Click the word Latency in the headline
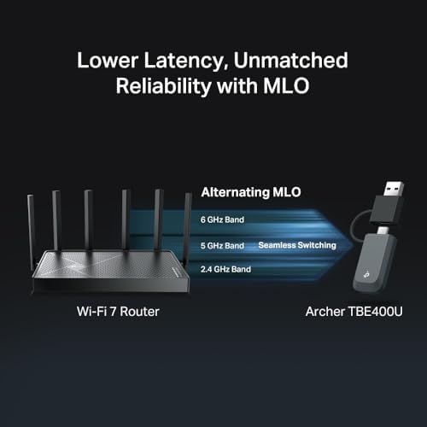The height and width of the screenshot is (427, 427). [x=185, y=61]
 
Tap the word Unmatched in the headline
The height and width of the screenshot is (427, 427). [x=290, y=60]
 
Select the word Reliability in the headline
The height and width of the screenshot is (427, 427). [x=163, y=86]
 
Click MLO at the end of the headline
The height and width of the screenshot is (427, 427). [x=286, y=85]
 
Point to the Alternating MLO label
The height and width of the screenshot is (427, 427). [x=251, y=192]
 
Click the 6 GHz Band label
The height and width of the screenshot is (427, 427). [x=222, y=219]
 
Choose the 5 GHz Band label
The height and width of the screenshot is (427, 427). [x=222, y=246]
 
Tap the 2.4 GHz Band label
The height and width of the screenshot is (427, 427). [x=225, y=269]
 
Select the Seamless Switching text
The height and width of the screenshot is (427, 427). [x=297, y=245]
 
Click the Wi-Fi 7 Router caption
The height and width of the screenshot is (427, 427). [x=118, y=312]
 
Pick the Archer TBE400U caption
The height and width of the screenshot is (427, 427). [x=354, y=312]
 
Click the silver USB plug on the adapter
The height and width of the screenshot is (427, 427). [x=394, y=189]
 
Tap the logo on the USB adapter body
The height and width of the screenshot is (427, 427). [x=366, y=275]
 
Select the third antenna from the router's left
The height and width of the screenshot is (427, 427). [x=89, y=220]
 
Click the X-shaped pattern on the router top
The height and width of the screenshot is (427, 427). [x=76, y=264]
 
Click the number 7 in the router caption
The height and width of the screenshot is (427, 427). [x=113, y=312]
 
